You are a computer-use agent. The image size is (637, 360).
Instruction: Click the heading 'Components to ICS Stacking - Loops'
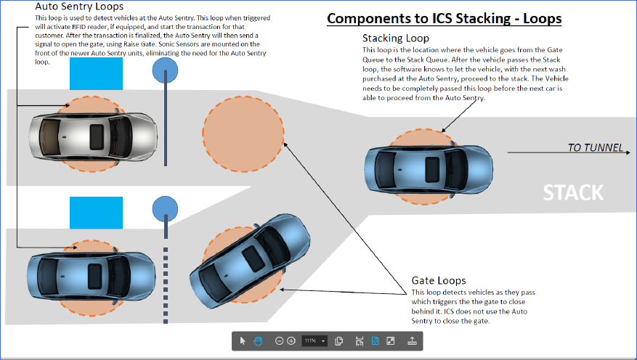click(x=444, y=18)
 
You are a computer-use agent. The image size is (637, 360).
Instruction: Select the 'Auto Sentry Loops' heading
click(x=78, y=7)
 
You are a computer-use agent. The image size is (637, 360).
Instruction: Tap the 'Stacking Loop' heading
click(x=395, y=38)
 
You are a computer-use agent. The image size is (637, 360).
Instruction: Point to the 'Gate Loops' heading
click(x=439, y=280)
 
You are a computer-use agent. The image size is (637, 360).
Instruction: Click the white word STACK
click(x=573, y=192)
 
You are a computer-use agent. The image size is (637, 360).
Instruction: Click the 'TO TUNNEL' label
click(x=595, y=148)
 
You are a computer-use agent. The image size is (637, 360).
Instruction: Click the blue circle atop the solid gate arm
click(x=166, y=70)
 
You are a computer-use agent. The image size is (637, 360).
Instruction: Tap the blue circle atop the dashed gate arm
click(x=165, y=210)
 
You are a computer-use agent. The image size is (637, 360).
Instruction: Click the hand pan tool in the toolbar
click(x=258, y=340)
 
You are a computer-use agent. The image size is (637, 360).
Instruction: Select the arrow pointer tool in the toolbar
click(x=243, y=340)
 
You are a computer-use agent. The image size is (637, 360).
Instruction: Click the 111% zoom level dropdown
click(x=315, y=340)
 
